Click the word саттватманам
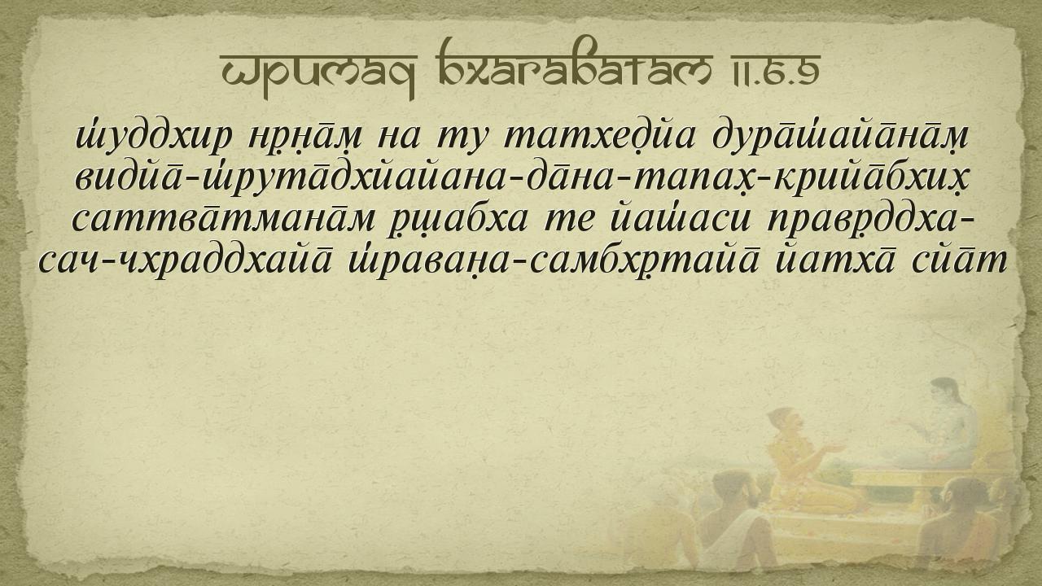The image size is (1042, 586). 224,220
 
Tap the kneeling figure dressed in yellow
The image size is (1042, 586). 805,461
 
